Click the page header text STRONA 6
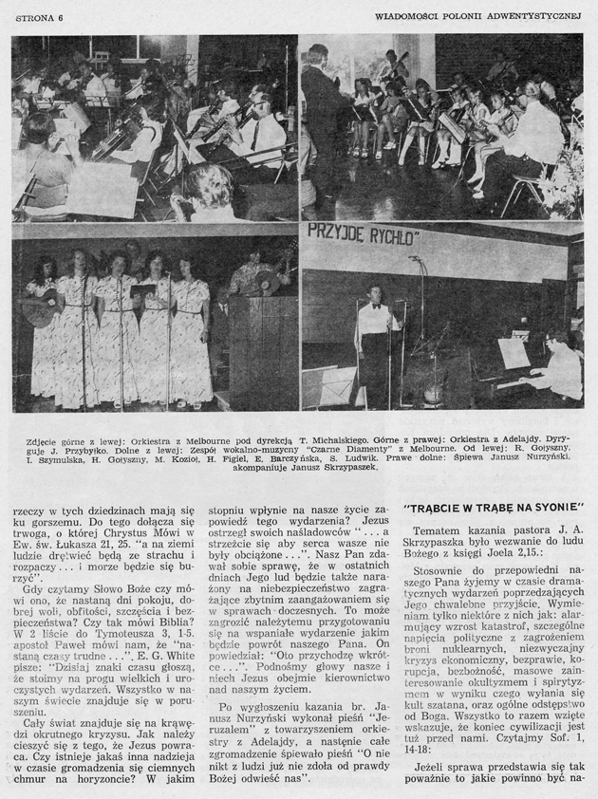[35, 15]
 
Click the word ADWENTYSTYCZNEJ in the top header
[533, 15]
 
